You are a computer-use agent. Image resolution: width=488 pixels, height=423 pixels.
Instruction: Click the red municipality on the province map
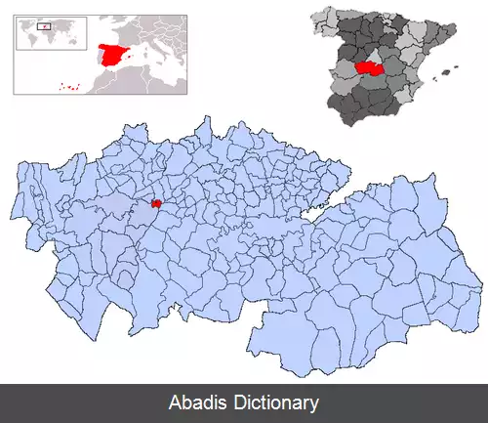click(x=156, y=204)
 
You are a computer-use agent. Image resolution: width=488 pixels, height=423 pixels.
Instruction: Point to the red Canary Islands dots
click(x=68, y=87)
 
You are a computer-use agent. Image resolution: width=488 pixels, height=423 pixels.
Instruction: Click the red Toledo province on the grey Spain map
click(x=369, y=68)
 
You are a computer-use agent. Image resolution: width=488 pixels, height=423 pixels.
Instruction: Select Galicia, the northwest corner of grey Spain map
click(x=325, y=19)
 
